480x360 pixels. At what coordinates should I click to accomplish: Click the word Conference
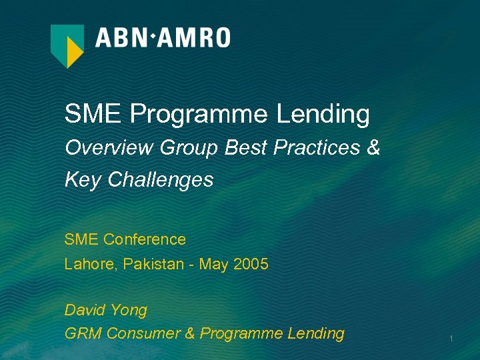[x=145, y=239]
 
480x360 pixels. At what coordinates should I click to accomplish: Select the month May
[x=214, y=264]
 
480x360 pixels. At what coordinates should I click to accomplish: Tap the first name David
[x=86, y=310]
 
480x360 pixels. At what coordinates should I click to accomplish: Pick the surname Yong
[x=129, y=311]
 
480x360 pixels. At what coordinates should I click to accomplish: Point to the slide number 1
[x=451, y=339]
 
